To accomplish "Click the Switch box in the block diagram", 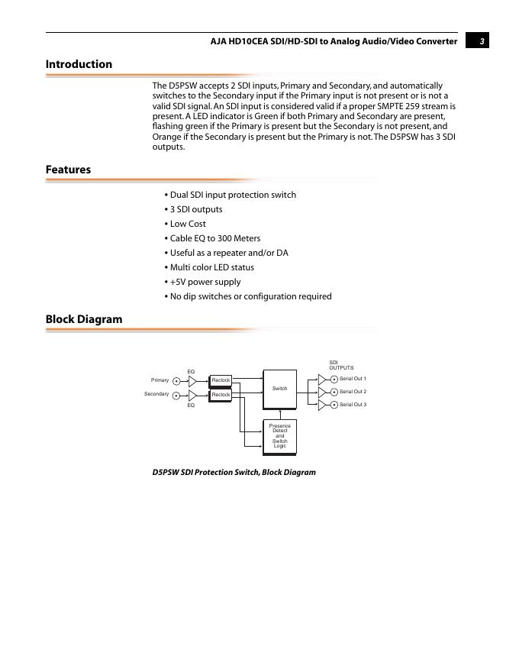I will point(279,389).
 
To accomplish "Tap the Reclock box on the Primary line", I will point(221,380).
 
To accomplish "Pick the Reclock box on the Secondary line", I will point(221,395).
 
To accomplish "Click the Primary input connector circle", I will point(176,380).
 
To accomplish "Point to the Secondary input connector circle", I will point(176,395).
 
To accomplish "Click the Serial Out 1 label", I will point(353,379).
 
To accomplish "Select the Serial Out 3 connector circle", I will point(334,405).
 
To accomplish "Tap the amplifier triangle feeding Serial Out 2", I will point(322,392).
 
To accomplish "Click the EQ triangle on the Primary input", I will point(192,380).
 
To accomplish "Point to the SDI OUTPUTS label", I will point(341,365).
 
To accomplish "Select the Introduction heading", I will point(79,64).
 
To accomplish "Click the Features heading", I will point(68,170).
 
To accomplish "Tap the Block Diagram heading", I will point(84,319).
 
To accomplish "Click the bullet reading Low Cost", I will point(188,224).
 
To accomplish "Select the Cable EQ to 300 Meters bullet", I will point(214,238).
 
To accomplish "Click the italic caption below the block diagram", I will point(234,472).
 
